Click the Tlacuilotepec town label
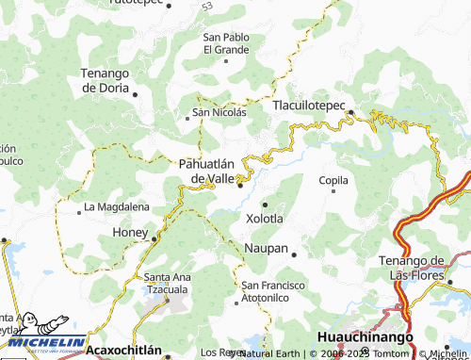pyautogui.click(x=310, y=106)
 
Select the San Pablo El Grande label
pyautogui.click(x=226, y=42)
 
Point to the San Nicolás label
pyautogui.click(x=219, y=112)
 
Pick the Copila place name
pyautogui.click(x=333, y=179)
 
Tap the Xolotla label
pyautogui.click(x=265, y=218)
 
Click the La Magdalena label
pyautogui.click(x=116, y=206)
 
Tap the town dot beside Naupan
pyautogui.click(x=294, y=254)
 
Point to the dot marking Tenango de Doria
pyautogui.click(x=136, y=94)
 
